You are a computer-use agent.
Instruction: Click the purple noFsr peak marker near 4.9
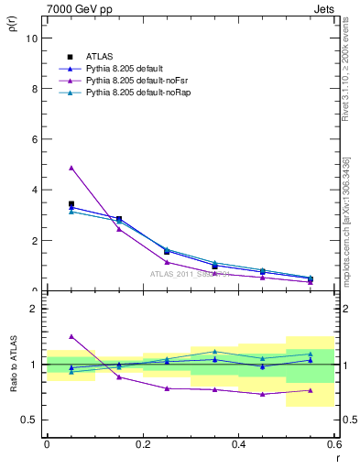[x=71, y=168]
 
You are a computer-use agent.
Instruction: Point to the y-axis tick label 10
[x=32, y=38]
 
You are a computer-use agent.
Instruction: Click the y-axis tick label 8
[x=34, y=89]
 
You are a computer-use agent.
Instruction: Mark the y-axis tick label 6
[x=34, y=139]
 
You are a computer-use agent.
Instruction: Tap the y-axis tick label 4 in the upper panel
[x=34, y=190]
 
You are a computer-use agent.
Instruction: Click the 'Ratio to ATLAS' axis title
[x=13, y=365]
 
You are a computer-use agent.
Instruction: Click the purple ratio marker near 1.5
[x=71, y=336]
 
